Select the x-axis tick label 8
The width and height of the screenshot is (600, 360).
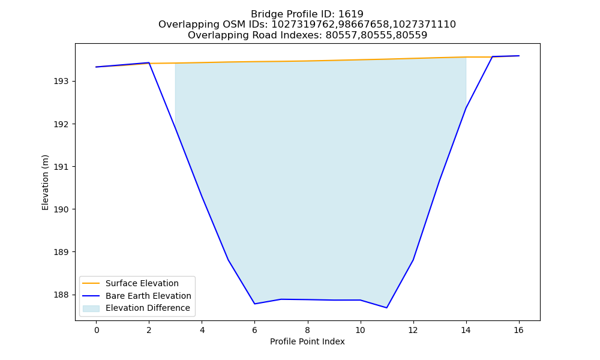(x=307, y=330)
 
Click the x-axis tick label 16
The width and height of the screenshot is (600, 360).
(x=518, y=330)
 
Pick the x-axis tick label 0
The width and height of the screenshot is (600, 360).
(x=97, y=330)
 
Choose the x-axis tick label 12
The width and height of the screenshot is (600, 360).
(x=413, y=330)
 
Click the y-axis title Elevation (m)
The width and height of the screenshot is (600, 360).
(x=45, y=182)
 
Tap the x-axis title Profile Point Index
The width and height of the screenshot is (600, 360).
(x=307, y=341)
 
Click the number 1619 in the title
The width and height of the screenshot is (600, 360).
(x=351, y=14)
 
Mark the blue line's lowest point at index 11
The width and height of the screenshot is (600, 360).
(x=386, y=308)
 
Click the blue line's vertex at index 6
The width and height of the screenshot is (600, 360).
(x=254, y=304)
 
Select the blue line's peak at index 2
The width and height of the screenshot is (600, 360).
(x=149, y=62)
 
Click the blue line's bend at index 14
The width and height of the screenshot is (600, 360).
(x=466, y=108)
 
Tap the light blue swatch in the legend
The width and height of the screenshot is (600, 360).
(x=91, y=308)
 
